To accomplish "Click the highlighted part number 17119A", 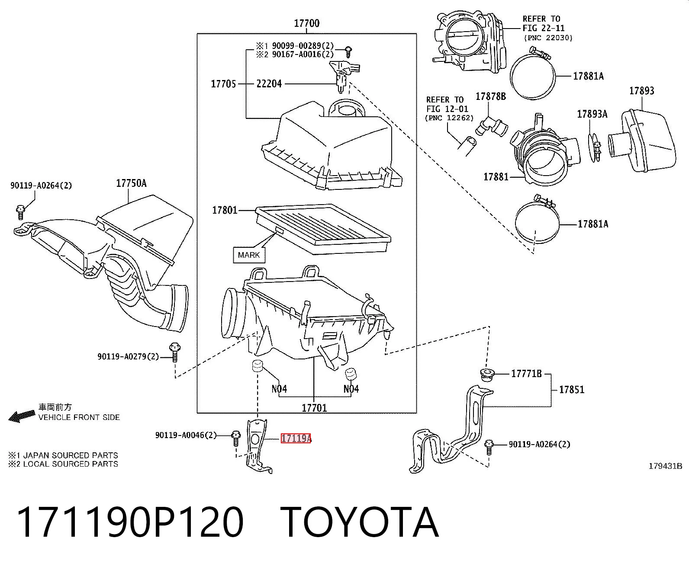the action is (296, 439).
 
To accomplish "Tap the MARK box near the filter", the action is (249, 255).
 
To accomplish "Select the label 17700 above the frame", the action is (306, 23).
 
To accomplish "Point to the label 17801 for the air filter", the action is (225, 210).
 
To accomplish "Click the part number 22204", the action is (269, 84).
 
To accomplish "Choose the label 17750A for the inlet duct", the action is (131, 183).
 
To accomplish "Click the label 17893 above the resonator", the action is (641, 91).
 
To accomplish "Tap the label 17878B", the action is (491, 96).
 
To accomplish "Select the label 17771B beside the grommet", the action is (526, 373).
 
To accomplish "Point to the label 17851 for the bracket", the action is (572, 390).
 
